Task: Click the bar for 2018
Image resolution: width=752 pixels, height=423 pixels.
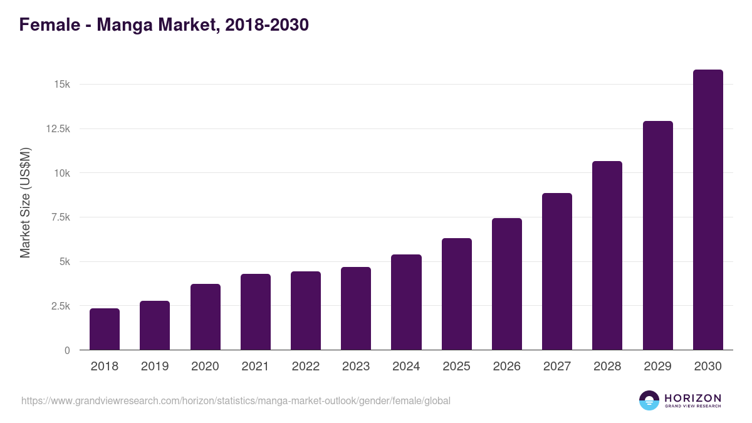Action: click(105, 329)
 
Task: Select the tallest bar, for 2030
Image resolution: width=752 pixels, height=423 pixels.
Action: click(708, 210)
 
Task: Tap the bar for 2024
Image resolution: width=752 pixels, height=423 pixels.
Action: click(406, 302)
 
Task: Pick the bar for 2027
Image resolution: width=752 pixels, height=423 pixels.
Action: click(557, 271)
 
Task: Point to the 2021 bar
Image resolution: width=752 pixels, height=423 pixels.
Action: click(256, 311)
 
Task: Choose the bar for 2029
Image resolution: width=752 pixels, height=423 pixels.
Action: click(657, 236)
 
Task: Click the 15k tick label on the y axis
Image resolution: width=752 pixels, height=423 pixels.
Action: click(61, 84)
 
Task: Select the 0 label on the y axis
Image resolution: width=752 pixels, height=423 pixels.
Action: click(67, 350)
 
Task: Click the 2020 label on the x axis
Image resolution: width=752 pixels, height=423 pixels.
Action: click(205, 367)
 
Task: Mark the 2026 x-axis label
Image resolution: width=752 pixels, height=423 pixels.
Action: click(506, 367)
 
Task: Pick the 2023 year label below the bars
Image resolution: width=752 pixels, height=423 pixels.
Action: click(356, 367)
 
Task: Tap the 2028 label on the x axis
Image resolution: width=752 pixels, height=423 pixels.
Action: click(607, 367)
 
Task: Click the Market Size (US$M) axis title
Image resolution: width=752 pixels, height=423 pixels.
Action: click(25, 203)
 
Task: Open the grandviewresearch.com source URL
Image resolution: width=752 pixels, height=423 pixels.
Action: click(236, 400)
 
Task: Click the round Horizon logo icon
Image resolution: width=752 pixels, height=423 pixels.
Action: click(649, 400)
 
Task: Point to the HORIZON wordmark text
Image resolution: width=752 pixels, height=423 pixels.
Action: click(693, 398)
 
